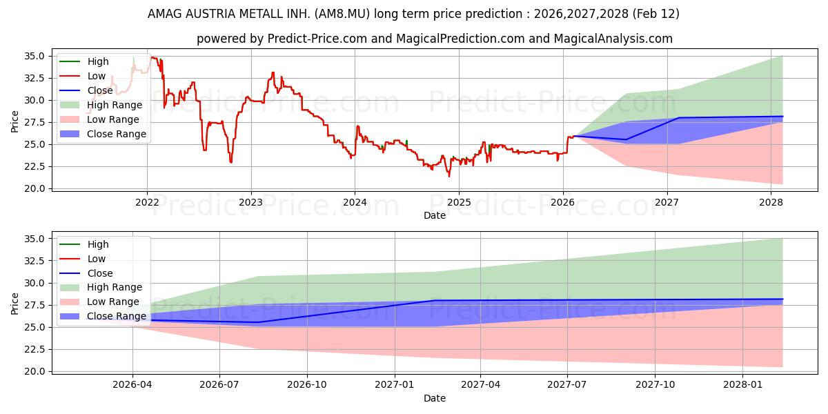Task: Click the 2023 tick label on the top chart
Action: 250,201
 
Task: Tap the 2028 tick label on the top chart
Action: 771,201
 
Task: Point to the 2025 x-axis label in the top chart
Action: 459,201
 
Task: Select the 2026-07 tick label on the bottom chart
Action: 219,384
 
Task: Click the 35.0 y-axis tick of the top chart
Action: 35,56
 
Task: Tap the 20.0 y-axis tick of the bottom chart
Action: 35,371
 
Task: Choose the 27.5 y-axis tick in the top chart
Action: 35,122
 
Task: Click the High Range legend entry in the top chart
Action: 114,105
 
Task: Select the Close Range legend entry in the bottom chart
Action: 116,316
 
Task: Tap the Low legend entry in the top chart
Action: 96,76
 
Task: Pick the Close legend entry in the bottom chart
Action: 99,273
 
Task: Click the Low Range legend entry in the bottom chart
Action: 112,302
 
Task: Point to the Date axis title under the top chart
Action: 435,215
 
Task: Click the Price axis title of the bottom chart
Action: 14,304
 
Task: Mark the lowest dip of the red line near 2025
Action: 449,176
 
